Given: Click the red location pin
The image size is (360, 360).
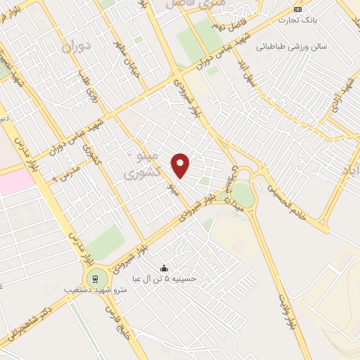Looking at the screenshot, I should click(x=181, y=165).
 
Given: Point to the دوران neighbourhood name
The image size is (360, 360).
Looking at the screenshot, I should click(x=76, y=49).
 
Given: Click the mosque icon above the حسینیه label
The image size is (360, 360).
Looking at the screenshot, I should click(x=165, y=268).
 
